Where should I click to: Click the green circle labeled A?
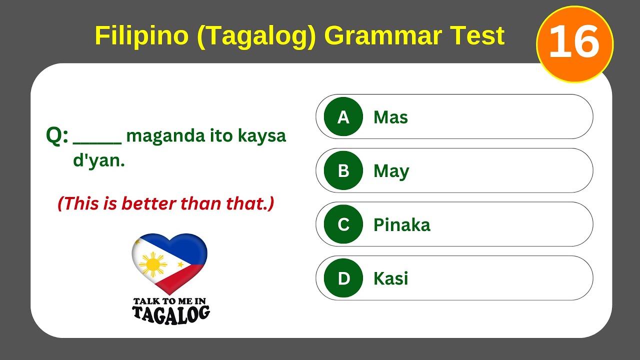tap(343, 117)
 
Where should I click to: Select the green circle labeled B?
tap(343, 171)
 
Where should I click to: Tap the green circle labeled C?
tap(343, 224)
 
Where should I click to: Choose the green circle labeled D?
tap(343, 278)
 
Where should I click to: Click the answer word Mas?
tap(390, 117)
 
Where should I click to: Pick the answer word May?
tap(391, 171)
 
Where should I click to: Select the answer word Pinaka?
tap(401, 225)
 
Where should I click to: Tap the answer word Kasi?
tap(390, 278)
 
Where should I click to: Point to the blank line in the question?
tap(97, 142)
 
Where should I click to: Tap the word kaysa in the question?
tap(261, 136)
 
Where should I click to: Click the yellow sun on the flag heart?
tap(152, 264)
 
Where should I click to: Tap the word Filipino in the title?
tap(142, 35)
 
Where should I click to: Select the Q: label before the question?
tap(57, 135)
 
